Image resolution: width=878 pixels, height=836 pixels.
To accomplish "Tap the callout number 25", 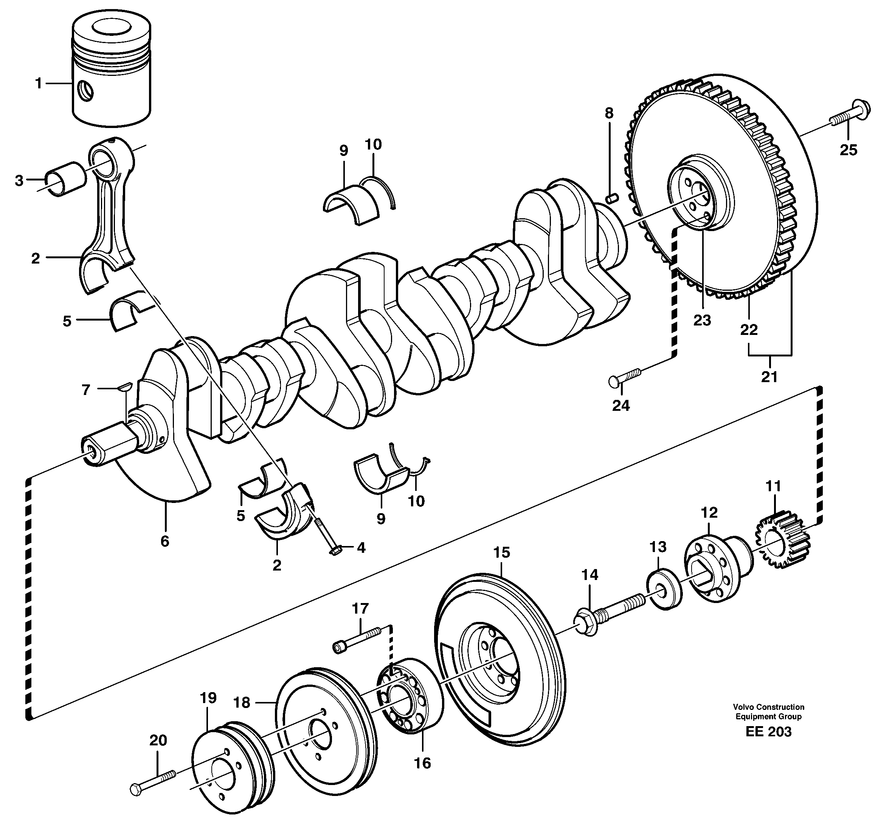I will tap(848, 150).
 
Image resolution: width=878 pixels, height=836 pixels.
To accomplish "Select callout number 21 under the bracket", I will tap(769, 377).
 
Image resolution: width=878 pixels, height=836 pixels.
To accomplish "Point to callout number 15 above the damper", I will tap(501, 552).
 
